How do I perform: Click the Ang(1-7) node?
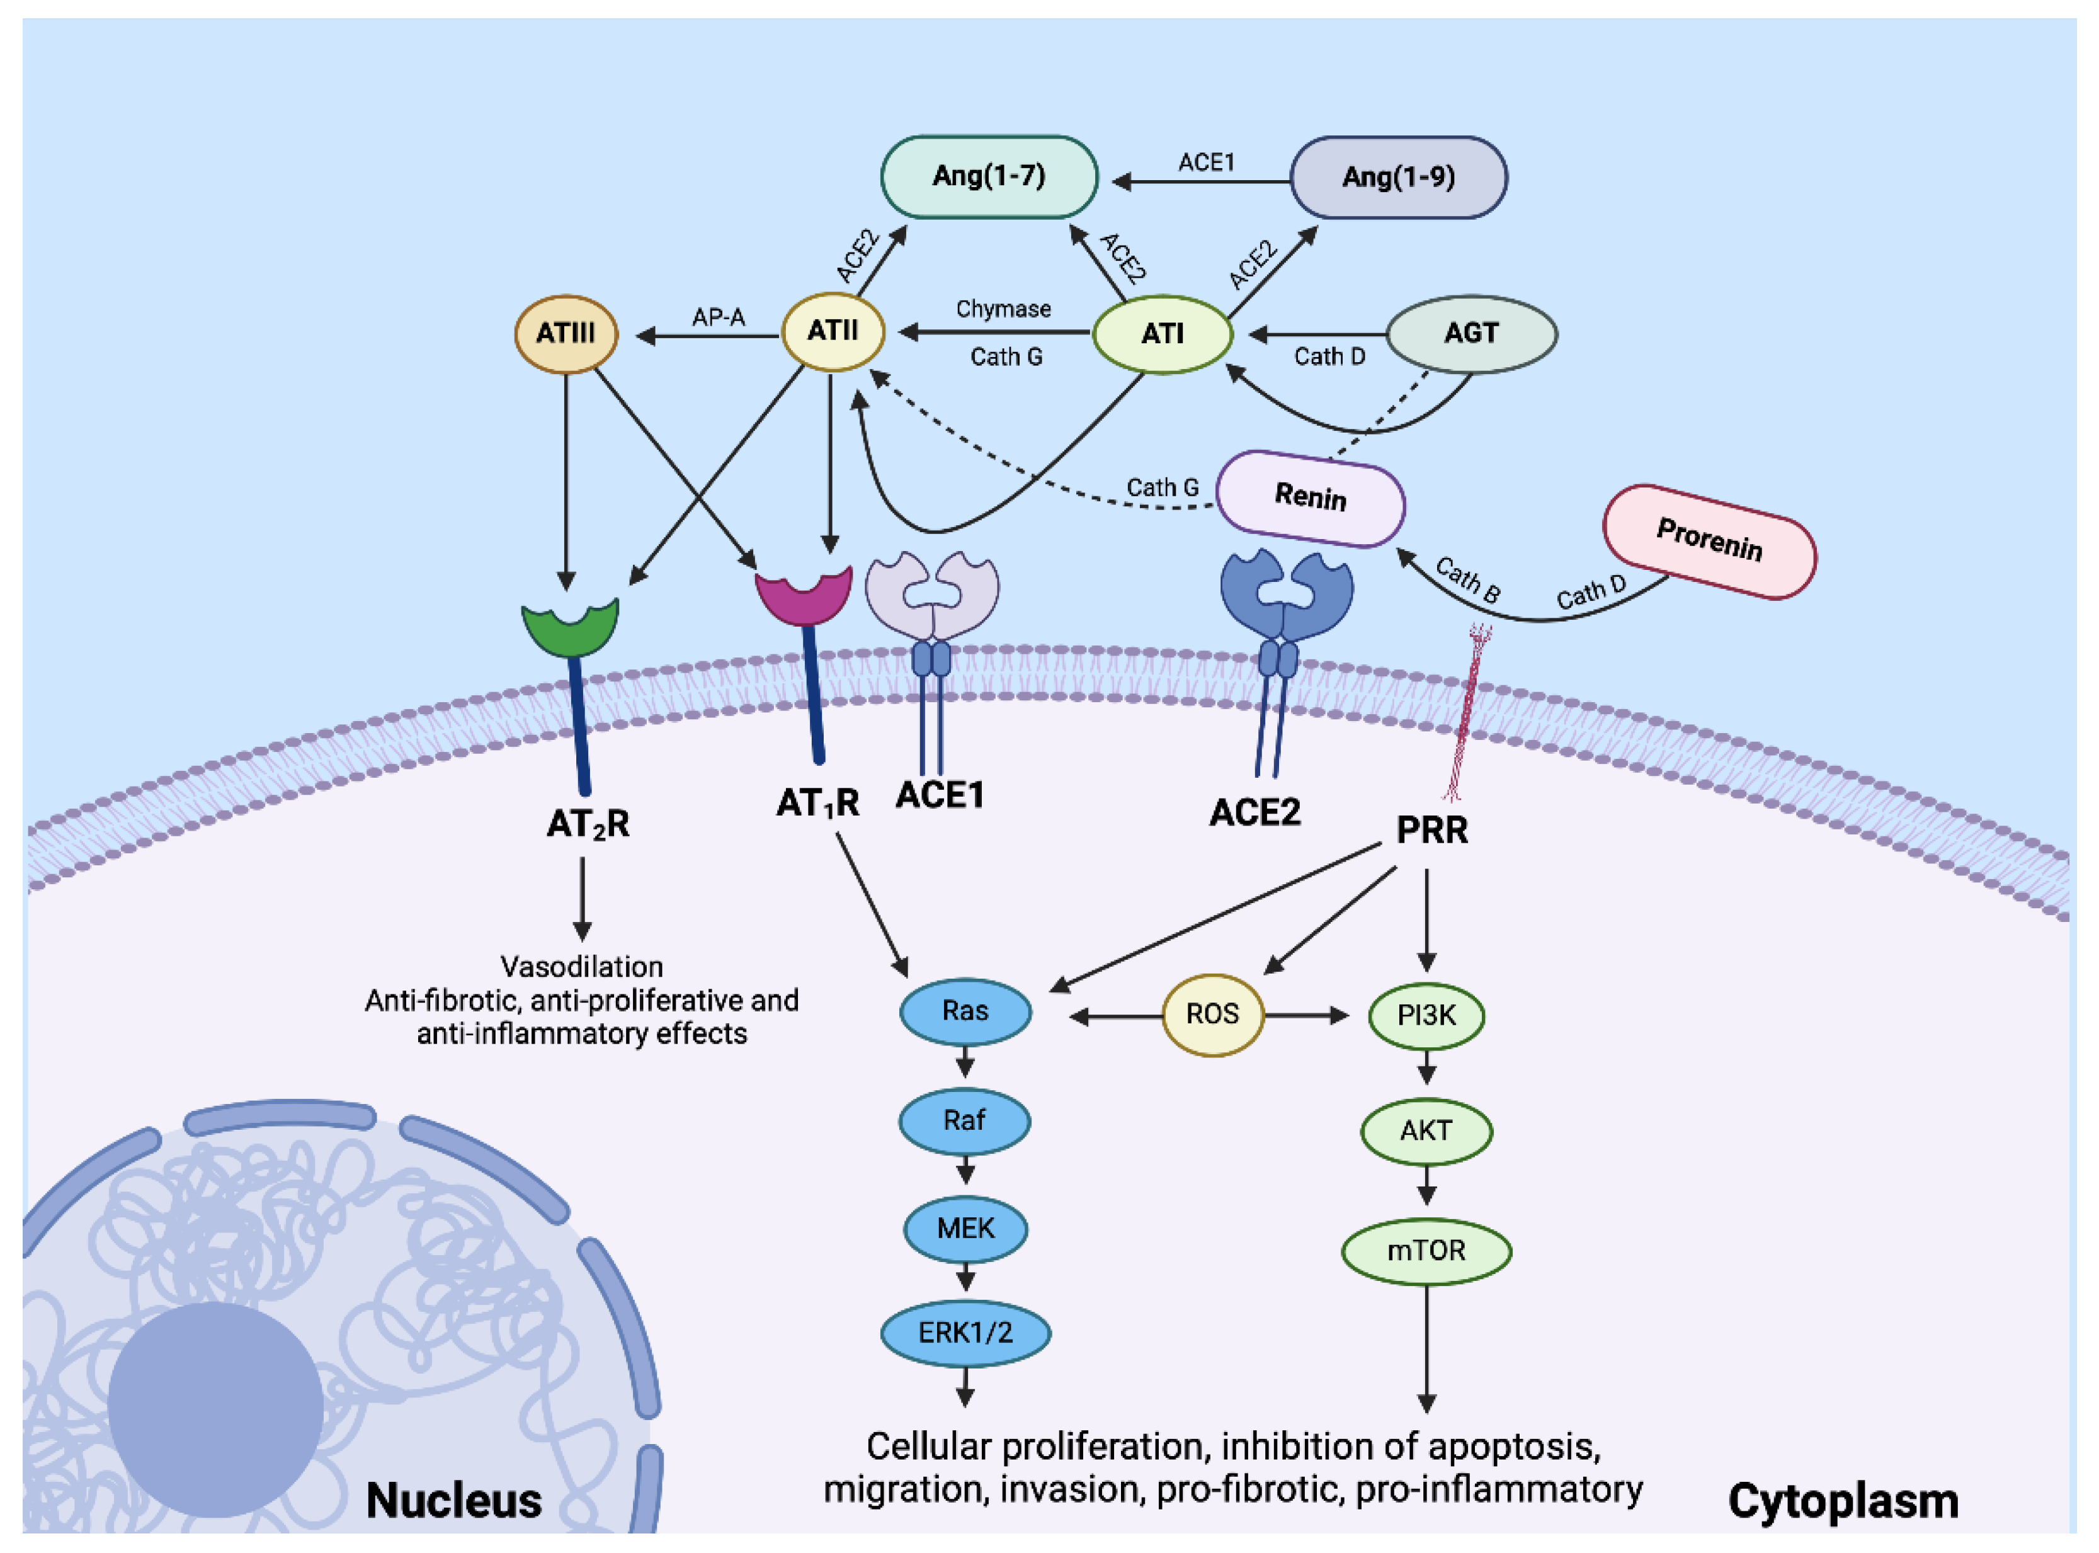tap(988, 177)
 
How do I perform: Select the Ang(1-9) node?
tap(1398, 178)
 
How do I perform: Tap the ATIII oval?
tap(566, 334)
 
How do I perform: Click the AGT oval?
tap(1471, 334)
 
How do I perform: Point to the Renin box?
tap(1311, 498)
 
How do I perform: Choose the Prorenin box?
tap(1709, 542)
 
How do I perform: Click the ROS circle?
tap(1212, 1015)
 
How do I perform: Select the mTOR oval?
tap(1426, 1251)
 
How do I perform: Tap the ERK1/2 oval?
tap(965, 1333)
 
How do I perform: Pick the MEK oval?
tap(965, 1229)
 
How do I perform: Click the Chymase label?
tap(1003, 309)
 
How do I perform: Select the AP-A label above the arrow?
tap(718, 317)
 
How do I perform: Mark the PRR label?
tap(1431, 830)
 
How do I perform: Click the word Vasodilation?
tap(582, 967)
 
